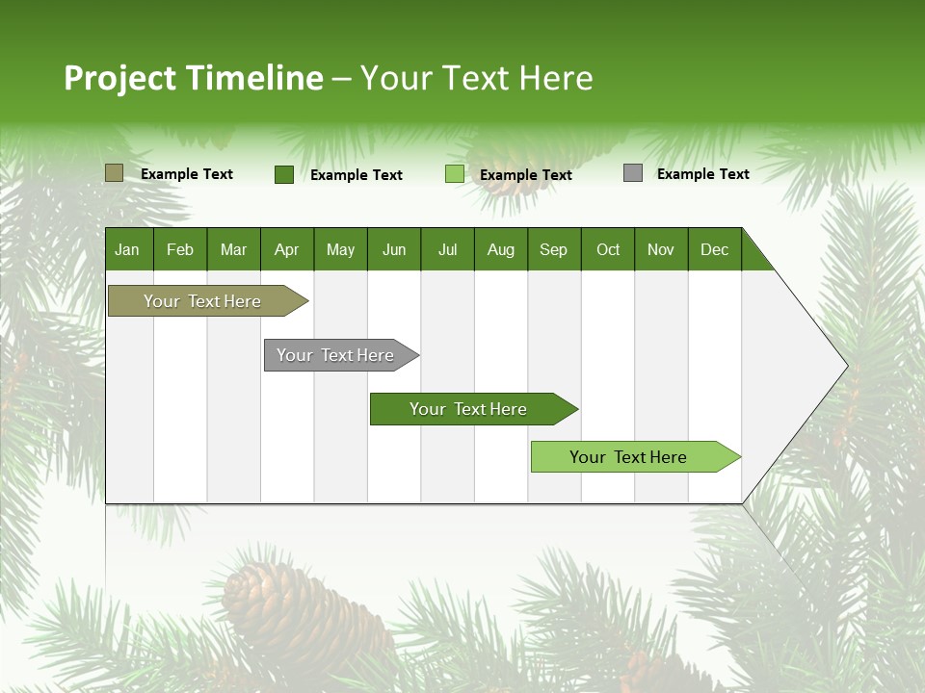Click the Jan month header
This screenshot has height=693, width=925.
pos(127,249)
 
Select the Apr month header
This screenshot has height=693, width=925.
pos(286,249)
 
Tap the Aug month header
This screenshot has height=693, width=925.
pos(500,249)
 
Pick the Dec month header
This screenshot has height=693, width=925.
pos(714,249)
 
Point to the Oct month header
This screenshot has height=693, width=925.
pos(607,249)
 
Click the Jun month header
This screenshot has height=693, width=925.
pos(393,249)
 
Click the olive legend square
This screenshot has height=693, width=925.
pos(114,173)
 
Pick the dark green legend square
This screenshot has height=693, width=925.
pos(283,174)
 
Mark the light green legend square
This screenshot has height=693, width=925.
pos(454,174)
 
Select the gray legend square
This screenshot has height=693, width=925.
pos(632,173)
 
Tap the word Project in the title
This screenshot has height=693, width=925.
pos(120,78)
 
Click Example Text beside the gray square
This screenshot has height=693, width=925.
pos(702,174)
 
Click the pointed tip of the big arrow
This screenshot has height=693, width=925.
pos(845,365)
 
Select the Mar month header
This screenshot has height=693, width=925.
pos(233,249)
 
